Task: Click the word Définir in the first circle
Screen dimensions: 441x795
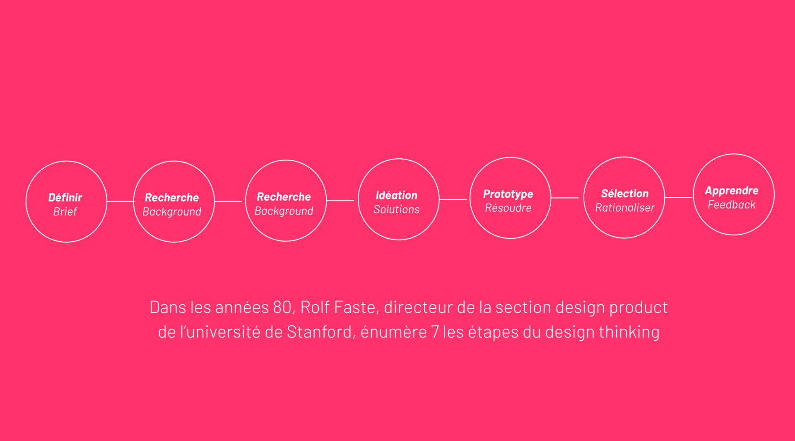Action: pos(65,198)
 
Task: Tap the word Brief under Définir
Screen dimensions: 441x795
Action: pos(65,212)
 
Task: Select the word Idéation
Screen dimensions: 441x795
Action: pos(396,195)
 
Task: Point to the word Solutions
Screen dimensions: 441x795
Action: pos(396,209)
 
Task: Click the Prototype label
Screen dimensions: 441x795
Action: pos(508,194)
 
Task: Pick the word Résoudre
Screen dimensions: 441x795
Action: pos(508,208)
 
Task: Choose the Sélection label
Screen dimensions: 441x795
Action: pos(624,194)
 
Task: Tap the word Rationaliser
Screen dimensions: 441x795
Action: pos(625,208)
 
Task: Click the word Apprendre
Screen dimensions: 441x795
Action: pos(732,191)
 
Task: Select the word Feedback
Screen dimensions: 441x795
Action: pos(732,205)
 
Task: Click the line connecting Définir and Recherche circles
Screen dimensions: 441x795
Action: pos(120,202)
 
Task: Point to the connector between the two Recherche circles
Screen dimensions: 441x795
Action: pos(229,202)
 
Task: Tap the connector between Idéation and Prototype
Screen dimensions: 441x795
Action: pos(453,199)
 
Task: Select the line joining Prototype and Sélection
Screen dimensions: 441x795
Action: pos(565,198)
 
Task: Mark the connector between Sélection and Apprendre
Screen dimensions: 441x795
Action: pos(679,198)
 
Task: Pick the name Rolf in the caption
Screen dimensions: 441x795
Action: pos(315,308)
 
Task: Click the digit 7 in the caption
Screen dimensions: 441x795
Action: pos(435,332)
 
